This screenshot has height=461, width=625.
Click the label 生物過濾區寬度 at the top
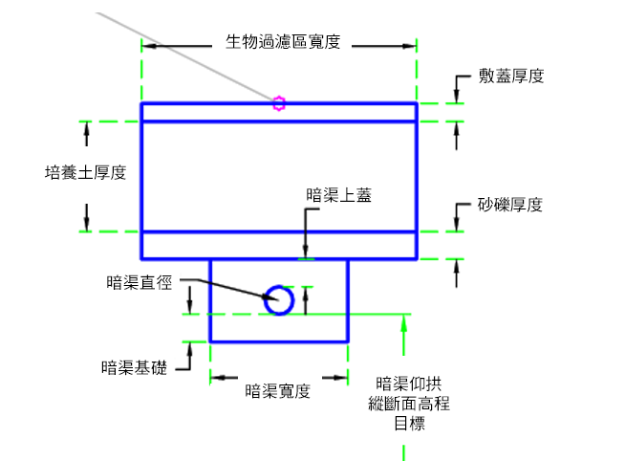(283, 42)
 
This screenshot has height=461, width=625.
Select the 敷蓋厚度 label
(511, 76)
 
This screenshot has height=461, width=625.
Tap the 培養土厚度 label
(86, 173)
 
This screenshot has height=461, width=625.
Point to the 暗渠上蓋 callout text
(339, 195)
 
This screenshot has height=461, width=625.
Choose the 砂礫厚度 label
(510, 205)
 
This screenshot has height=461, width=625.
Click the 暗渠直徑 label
(140, 282)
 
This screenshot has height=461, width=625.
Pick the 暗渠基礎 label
(135, 367)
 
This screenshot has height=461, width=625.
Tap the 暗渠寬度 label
(277, 391)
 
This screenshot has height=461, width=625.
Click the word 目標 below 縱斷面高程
(409, 423)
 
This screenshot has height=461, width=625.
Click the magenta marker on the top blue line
(279, 103)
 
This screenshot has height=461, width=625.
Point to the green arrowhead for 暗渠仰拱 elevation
(404, 322)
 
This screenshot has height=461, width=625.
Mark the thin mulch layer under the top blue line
(279, 113)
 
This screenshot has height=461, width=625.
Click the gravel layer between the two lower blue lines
(279, 245)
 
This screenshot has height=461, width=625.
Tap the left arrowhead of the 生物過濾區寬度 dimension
(149, 46)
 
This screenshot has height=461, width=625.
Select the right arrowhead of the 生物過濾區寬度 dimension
(409, 46)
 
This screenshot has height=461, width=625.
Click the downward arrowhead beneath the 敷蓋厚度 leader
(457, 97)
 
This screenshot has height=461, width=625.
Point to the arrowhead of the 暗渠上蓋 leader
(305, 252)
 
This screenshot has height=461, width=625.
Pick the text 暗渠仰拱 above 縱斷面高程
(409, 384)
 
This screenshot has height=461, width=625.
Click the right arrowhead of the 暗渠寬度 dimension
(340, 378)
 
